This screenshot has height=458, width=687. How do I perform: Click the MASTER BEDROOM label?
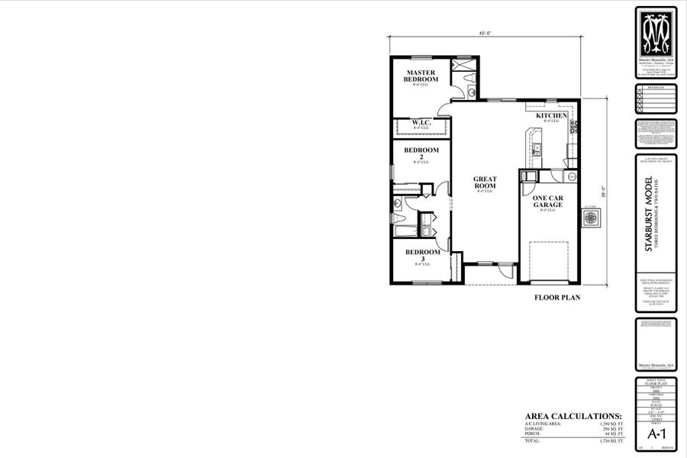[421, 76]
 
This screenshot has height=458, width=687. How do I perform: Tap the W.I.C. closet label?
[421, 122]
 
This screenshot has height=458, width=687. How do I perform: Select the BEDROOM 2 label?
[421, 153]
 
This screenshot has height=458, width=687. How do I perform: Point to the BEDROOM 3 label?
[422, 255]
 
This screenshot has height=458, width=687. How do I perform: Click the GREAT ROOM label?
[485, 182]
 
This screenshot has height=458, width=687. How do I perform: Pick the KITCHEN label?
[551, 116]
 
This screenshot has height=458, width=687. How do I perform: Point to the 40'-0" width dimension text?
[484, 34]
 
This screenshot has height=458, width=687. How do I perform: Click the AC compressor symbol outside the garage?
[590, 218]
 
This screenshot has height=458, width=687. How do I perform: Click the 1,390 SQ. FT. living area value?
[608, 423]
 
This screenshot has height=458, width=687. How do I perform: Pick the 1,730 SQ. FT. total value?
[608, 440]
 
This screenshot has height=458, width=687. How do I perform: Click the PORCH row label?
[534, 434]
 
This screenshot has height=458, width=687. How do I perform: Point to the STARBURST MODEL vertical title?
[648, 214]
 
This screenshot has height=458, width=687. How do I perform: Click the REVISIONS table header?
[656, 88]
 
